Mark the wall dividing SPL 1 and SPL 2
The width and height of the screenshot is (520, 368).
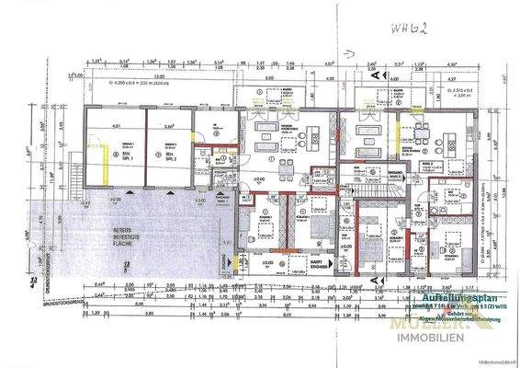coord(143,152)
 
